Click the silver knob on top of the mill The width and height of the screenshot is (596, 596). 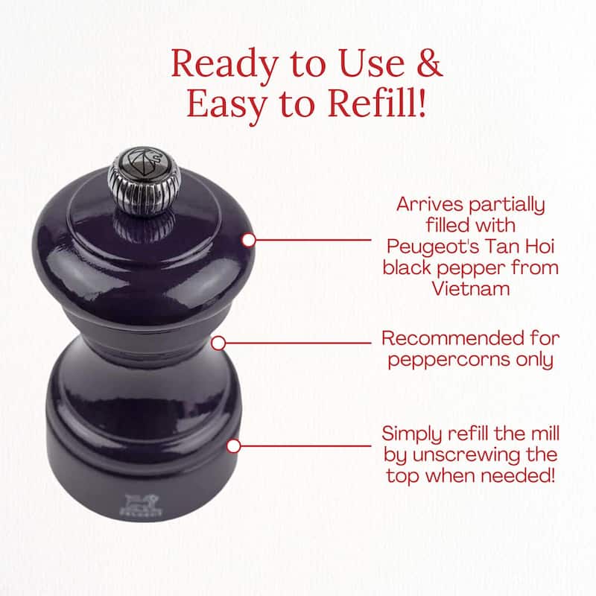(144, 181)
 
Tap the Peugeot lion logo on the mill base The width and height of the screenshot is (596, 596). (141, 505)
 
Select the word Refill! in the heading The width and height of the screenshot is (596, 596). (377, 103)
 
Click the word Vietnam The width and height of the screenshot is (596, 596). (471, 289)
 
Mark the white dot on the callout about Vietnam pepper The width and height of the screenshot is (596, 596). (249, 240)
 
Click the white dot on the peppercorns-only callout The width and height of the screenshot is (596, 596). (218, 343)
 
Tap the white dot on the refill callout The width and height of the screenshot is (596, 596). (233, 446)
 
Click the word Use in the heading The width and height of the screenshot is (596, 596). (371, 63)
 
